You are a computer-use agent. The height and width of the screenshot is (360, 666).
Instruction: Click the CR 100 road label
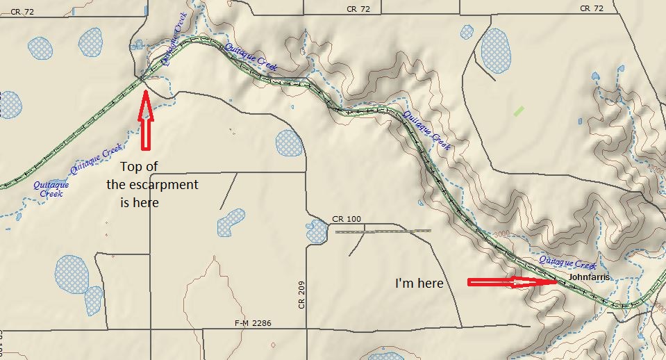click(347, 219)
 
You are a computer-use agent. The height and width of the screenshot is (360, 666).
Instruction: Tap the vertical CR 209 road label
click(301, 295)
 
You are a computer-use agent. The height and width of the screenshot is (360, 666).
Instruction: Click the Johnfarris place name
click(589, 277)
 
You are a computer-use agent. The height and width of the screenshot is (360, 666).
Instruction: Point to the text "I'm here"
click(419, 284)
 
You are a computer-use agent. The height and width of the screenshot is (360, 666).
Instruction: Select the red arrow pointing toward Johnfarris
click(512, 282)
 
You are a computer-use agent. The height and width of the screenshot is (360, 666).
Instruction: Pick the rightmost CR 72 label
click(592, 8)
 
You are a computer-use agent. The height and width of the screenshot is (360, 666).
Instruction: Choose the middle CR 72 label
click(358, 8)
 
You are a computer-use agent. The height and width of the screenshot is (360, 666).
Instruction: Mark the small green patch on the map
click(519, 110)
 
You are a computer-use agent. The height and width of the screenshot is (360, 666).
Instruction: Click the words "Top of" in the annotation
click(144, 167)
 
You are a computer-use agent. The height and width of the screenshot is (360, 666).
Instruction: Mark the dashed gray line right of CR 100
click(383, 231)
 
